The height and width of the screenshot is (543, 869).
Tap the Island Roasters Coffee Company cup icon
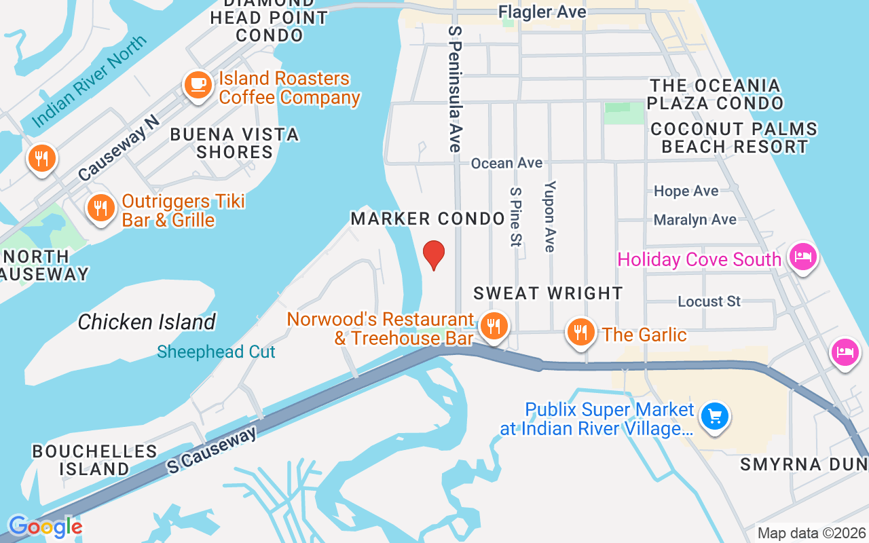pyautogui.click(x=198, y=86)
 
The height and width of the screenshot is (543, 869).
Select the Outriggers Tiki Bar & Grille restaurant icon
pyautogui.click(x=100, y=208)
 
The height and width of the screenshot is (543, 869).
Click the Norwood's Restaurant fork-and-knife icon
pyautogui.click(x=494, y=327)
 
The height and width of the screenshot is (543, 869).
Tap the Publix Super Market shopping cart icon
pyautogui.click(x=714, y=416)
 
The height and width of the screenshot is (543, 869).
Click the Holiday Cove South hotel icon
pyautogui.click(x=802, y=257)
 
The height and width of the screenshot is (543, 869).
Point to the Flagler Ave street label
pyautogui.click(x=542, y=12)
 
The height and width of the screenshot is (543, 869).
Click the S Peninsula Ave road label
pyautogui.click(x=455, y=89)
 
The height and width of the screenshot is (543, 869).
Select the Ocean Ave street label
pyautogui.click(x=506, y=163)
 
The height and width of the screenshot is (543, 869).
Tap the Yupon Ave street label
pyautogui.click(x=550, y=216)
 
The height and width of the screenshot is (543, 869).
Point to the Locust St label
pyautogui.click(x=709, y=301)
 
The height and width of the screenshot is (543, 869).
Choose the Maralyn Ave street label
pyautogui.click(x=695, y=219)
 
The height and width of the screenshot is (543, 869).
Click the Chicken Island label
pyautogui.click(x=147, y=322)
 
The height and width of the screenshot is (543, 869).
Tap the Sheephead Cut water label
pyautogui.click(x=216, y=352)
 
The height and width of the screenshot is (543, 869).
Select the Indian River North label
pyautogui.click(x=89, y=81)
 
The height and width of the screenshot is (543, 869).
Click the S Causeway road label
pyautogui.click(x=212, y=450)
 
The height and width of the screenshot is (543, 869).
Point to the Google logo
pyautogui.click(x=45, y=527)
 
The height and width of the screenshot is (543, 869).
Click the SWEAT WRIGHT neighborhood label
pyautogui.click(x=548, y=293)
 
